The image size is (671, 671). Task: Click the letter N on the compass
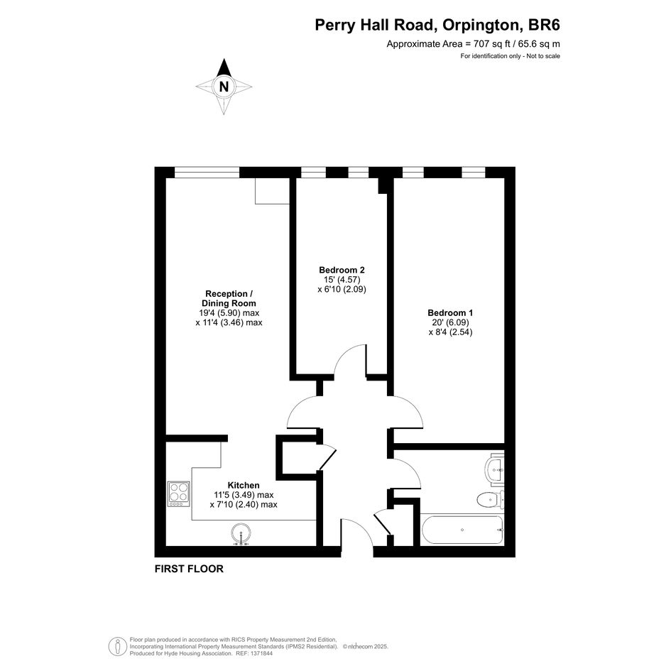pyautogui.click(x=224, y=87)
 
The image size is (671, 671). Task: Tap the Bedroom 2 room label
pyautogui.click(x=342, y=270)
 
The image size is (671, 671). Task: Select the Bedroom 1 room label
pyautogui.click(x=450, y=313)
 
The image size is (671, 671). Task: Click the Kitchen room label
pyautogui.click(x=244, y=485)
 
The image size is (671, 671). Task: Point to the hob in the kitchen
pyautogui.click(x=179, y=494)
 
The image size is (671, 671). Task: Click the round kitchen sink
pyautogui.click(x=241, y=534)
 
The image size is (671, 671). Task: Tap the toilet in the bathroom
pyautogui.click(x=491, y=499)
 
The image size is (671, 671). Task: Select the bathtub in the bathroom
pyautogui.click(x=462, y=530)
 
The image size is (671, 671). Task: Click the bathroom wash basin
pyautogui.click(x=496, y=469)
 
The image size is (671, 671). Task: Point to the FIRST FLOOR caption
pyautogui.click(x=189, y=569)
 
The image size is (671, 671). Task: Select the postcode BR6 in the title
pyautogui.click(x=545, y=25)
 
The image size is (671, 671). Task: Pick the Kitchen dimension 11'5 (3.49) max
pyautogui.click(x=244, y=495)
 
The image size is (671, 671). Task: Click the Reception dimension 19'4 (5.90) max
pyautogui.click(x=229, y=313)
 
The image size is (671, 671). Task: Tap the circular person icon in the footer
pyautogui.click(x=117, y=646)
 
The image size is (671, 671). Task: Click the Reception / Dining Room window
pyautogui.click(x=207, y=172)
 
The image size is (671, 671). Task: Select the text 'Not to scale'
pyautogui.click(x=543, y=56)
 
